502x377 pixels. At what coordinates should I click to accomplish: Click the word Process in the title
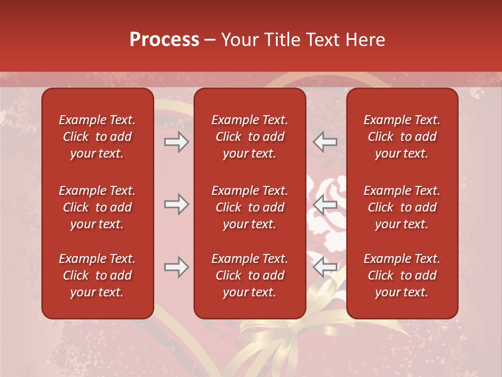pos(164,40)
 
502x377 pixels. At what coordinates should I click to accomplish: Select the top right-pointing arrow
pos(177,142)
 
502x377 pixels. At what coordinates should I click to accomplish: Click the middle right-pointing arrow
pos(177,204)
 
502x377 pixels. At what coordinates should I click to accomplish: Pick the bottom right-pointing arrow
pos(177,267)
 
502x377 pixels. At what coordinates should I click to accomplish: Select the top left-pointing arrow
pos(325,142)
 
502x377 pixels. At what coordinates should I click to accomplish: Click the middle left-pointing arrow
pos(325,204)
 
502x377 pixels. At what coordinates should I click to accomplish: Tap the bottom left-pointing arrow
pos(325,267)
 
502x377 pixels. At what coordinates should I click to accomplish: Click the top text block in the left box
pos(97,137)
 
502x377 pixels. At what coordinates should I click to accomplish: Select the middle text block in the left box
pos(97,207)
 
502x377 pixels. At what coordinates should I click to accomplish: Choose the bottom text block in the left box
pos(97,275)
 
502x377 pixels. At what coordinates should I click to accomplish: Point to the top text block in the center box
pos(250,137)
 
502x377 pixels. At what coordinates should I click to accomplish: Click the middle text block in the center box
pos(250,207)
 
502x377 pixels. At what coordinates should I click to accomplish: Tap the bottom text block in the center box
pos(250,275)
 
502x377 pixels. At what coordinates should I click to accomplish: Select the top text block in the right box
pos(402,137)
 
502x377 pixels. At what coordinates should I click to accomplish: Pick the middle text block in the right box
pos(402,207)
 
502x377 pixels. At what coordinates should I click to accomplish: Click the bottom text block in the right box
pos(402,275)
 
